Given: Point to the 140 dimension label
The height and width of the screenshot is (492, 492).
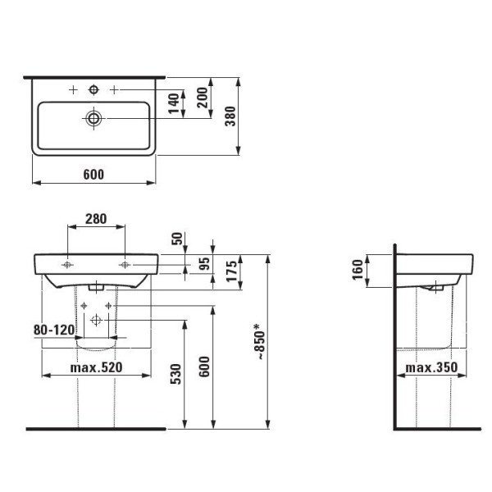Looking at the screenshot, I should point(174,105).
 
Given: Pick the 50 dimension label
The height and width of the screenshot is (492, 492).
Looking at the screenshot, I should point(174,239).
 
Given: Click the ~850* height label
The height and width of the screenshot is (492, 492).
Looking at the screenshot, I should point(260,342).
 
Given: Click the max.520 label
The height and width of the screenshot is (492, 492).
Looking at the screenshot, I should point(97,367).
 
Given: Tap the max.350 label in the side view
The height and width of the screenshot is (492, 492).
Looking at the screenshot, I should point(431,367).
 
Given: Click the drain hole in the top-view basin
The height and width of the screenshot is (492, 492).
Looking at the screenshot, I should point(93,119).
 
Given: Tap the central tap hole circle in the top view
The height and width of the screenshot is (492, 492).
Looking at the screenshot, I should point(93,88).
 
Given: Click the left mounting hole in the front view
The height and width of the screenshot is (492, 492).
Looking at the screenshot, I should point(67,265).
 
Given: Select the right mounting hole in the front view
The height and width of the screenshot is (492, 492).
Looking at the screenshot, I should point(125,265).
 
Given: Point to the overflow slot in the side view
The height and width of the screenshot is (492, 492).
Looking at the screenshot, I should point(433,288).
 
